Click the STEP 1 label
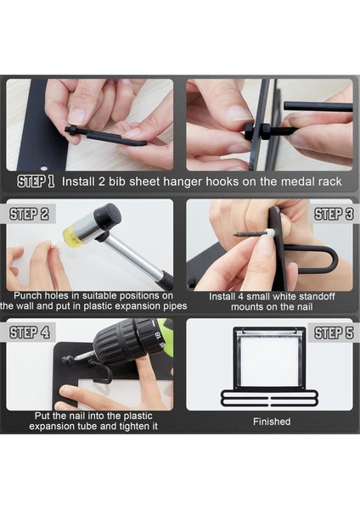pos(36,182)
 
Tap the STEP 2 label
pos(29,215)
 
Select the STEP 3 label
pos(334,215)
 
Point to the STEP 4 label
pos(30,333)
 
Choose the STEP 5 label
pos(334,333)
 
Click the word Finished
pos(272,422)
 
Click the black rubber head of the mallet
pos(108,215)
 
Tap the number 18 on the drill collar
pos(157,335)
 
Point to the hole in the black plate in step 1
pos(43,168)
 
